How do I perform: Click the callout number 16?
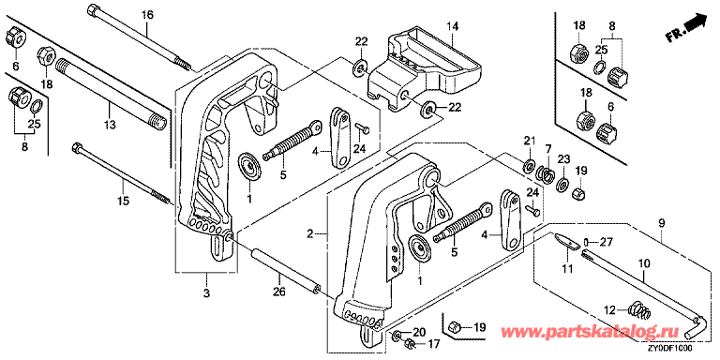click(x=146, y=15)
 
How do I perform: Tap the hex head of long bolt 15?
click(x=77, y=148)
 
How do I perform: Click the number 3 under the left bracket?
click(x=206, y=292)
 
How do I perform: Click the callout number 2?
click(x=310, y=234)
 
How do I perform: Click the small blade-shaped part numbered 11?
click(x=566, y=240)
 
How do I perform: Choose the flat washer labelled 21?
click(x=529, y=163)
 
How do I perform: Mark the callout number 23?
click(x=563, y=159)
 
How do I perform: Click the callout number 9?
click(x=661, y=224)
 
